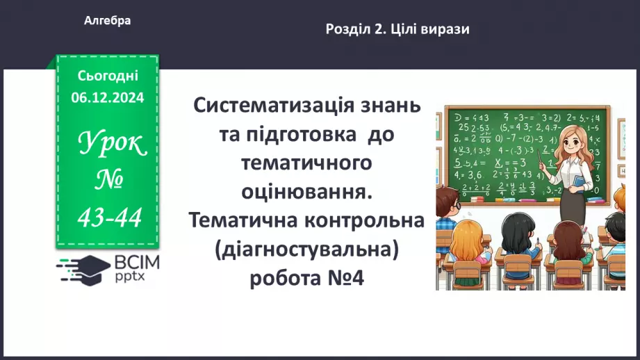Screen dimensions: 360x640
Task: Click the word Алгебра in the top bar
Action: click(107, 21)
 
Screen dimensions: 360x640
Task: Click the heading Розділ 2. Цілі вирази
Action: click(397, 29)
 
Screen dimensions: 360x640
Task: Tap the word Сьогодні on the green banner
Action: click(108, 75)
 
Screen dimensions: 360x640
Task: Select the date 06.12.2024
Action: click(108, 98)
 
